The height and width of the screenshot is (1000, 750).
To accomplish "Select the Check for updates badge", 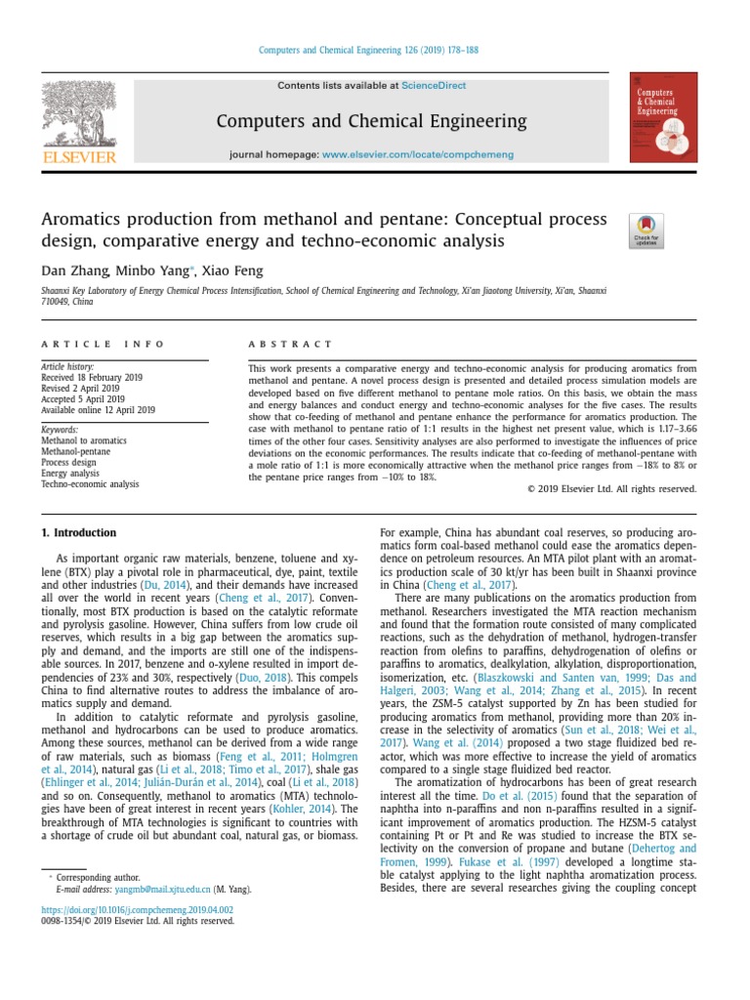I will click(647, 231).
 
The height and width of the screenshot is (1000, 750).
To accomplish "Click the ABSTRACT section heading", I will click(291, 344).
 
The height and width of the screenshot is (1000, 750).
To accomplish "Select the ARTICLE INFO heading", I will click(103, 344).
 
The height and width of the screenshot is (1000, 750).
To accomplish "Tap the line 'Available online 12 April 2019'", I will click(98, 410).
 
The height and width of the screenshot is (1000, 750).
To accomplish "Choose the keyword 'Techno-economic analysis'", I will click(90, 483).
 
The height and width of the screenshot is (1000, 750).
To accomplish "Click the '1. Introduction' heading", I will click(78, 533).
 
